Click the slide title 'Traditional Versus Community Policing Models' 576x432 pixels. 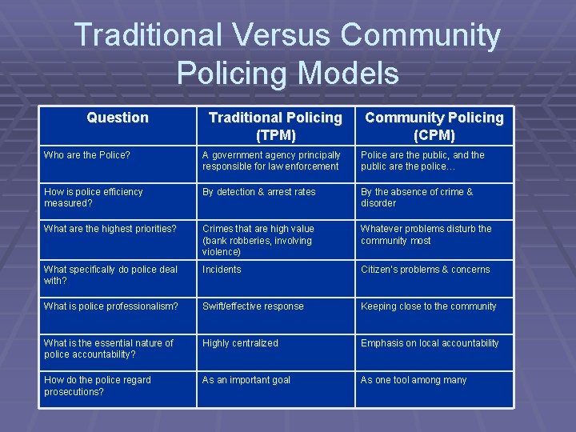(288, 54)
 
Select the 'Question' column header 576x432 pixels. (118, 118)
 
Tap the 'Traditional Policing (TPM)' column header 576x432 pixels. (275, 126)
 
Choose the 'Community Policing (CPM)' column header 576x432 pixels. (434, 126)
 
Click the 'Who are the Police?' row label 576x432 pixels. (87, 155)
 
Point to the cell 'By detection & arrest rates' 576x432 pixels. (259, 192)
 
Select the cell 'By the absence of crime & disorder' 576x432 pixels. (417, 198)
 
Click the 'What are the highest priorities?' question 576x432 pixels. (110, 229)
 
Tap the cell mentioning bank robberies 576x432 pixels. (257, 240)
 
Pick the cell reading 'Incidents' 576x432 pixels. (222, 270)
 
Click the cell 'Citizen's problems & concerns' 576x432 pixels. (426, 270)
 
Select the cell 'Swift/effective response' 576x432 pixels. (253, 306)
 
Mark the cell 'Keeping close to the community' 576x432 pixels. (429, 306)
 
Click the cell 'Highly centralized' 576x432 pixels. (240, 343)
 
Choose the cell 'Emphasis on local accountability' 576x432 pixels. (430, 343)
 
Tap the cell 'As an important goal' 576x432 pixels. (246, 380)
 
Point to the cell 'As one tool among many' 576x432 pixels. (414, 380)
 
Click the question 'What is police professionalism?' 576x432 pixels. (110, 306)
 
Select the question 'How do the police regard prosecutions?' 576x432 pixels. (98, 386)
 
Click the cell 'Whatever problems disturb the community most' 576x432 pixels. (426, 234)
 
